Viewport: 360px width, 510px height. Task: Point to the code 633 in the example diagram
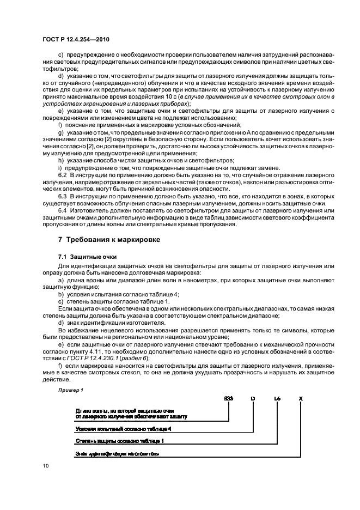(228, 399)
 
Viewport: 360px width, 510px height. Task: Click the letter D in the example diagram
(253, 399)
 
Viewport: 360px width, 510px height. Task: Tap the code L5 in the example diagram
(277, 399)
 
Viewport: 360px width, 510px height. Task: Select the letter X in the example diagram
(301, 399)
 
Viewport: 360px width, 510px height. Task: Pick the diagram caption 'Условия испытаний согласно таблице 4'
(117, 429)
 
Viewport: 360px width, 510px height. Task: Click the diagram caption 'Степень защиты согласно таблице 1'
(112, 441)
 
